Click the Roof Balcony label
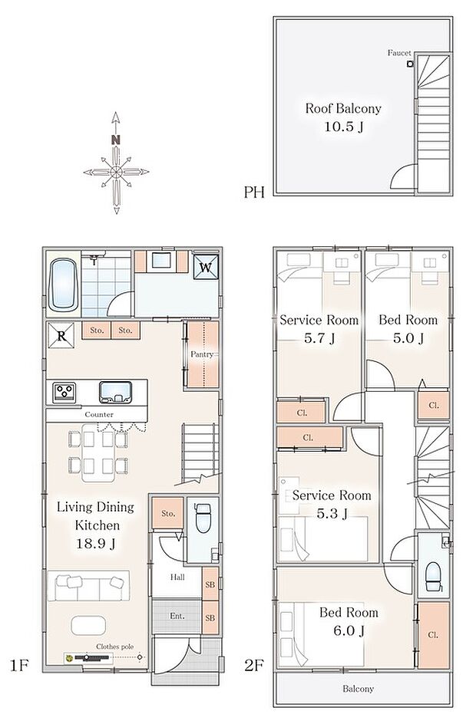343,109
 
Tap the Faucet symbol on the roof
410,64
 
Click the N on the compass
115,140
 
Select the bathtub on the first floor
63,285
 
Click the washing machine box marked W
206,268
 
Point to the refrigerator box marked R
61,336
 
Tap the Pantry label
202,354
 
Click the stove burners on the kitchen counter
64,393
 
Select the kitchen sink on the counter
115,392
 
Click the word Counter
99,415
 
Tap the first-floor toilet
203,518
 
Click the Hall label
177,578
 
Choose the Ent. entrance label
177,616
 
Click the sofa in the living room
88,586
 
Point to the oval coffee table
88,626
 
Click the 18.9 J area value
96,544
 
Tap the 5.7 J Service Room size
319,338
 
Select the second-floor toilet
433,577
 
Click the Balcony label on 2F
359,689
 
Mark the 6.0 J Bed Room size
349,630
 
